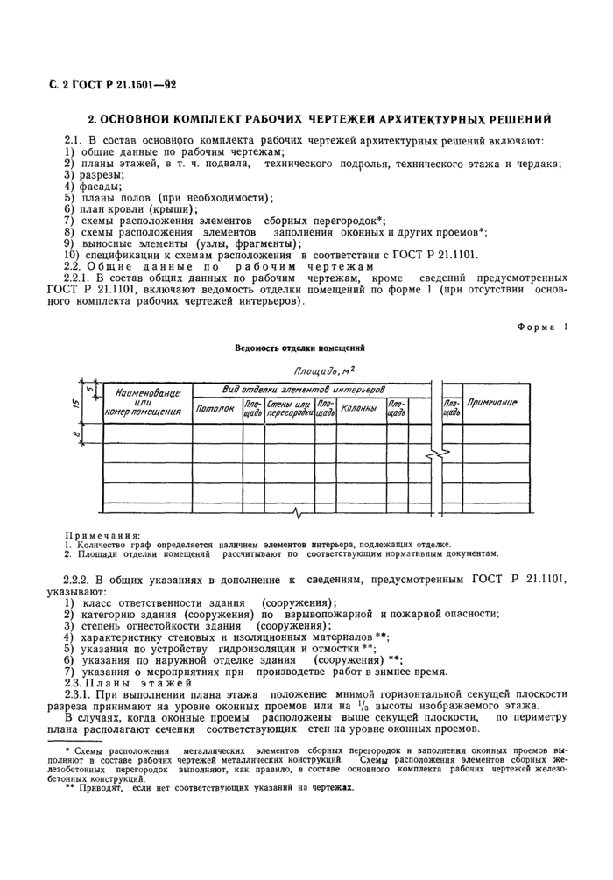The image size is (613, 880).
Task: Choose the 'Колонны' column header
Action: click(358, 408)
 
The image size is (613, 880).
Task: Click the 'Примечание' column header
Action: click(491, 403)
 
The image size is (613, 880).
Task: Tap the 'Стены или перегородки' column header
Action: click(289, 408)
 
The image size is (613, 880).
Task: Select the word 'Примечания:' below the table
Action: click(102, 534)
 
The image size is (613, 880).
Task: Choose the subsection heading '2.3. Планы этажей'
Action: click(120, 682)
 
